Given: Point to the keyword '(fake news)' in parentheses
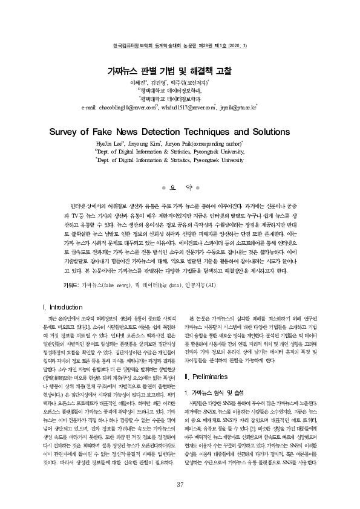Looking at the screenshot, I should [115, 284].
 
